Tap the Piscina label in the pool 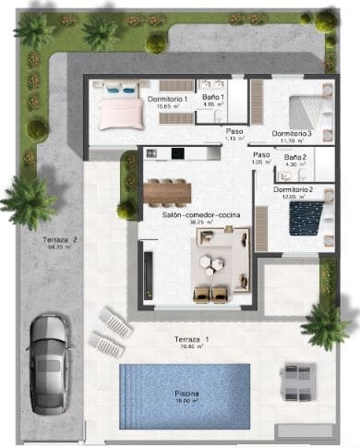click(x=187, y=394)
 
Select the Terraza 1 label click(x=191, y=340)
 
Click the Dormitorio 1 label click(x=167, y=98)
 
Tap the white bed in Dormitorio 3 click(x=311, y=111)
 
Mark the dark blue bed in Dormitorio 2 click(x=305, y=219)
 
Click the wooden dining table click(x=167, y=191)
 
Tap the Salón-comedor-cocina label click(x=182, y=214)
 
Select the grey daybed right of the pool click(x=300, y=378)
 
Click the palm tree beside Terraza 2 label click(x=28, y=200)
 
